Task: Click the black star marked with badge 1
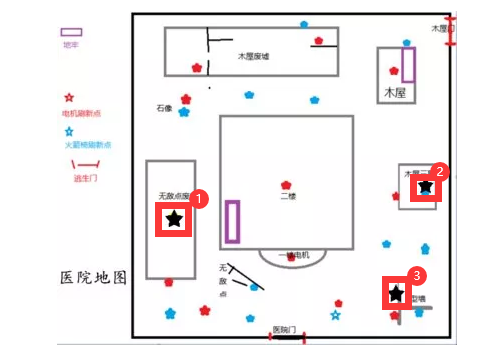tap(174, 219)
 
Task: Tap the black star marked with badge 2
tap(425, 187)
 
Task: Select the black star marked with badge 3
tap(397, 294)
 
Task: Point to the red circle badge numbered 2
tap(441, 171)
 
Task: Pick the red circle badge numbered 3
tap(418, 274)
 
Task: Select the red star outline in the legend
tap(68, 99)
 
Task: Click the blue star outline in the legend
tap(68, 131)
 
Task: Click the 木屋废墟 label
tap(255, 57)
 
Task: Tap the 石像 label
tap(165, 108)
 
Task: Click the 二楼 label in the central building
tap(288, 197)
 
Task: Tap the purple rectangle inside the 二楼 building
tap(233, 222)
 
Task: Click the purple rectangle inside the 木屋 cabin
tap(408, 64)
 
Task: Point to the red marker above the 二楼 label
tap(287, 185)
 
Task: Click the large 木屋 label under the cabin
tap(396, 92)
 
